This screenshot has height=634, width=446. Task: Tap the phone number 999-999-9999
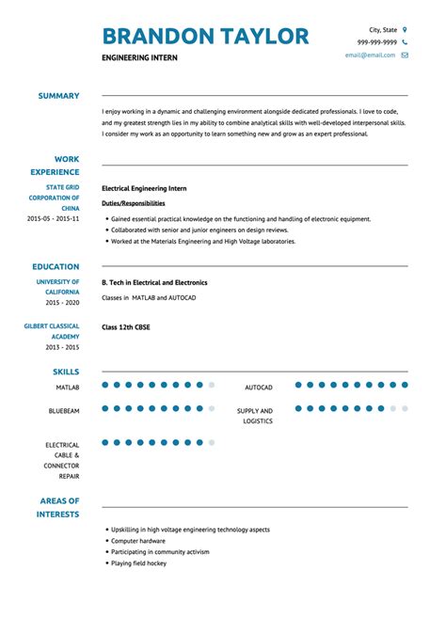[376, 42]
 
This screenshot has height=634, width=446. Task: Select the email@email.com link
[370, 55]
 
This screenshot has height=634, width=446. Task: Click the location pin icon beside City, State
[405, 29]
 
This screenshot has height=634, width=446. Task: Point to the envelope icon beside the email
[405, 55]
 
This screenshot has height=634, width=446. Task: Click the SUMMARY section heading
[58, 96]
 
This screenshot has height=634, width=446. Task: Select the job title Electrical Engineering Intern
[144, 188]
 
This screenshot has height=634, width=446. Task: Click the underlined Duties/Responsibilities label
[133, 203]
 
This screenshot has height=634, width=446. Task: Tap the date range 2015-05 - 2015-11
[54, 218]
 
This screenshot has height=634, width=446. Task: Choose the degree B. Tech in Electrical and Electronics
[154, 282]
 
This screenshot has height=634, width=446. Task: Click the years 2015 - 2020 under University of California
[60, 303]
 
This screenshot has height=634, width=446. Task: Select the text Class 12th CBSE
[126, 327]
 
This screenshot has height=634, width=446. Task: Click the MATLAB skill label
[67, 387]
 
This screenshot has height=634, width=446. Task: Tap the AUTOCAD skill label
[259, 388]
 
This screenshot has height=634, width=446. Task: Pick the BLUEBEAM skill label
[64, 411]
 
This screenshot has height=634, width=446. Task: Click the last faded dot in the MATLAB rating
[212, 385]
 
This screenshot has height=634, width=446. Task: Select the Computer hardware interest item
[138, 541]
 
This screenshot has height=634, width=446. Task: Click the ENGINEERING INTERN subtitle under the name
[139, 58]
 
